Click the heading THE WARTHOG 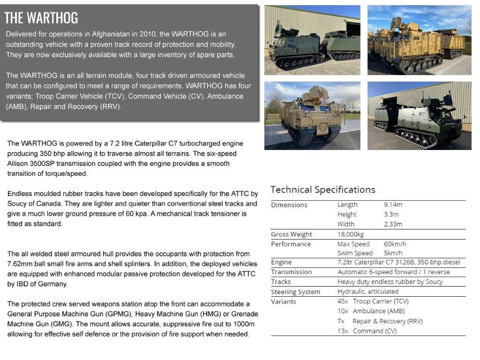coord(41,18)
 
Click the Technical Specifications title coord(322,190)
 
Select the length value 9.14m coord(393,205)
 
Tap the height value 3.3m coord(391,215)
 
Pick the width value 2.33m coord(393,224)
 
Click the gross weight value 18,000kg coord(351,234)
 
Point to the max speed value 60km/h coord(395,244)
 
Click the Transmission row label coord(291,272)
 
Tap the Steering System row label coord(295,292)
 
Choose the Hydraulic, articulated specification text coord(368,292)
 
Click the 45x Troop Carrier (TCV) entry coord(373,301)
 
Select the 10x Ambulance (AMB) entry coord(371,311)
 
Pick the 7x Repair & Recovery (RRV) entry coord(380,321)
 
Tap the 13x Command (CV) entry coord(367,331)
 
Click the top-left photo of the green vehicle coord(312,40)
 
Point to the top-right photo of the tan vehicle coord(419,40)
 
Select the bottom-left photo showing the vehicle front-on coord(312,116)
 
